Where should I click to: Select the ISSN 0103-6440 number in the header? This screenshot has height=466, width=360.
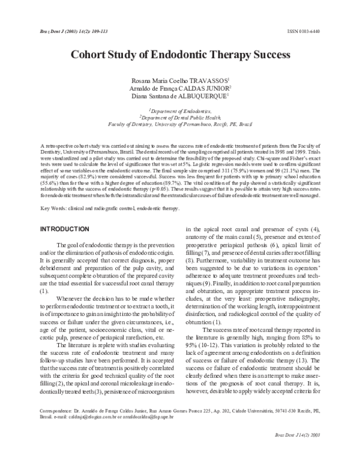pos(313,29)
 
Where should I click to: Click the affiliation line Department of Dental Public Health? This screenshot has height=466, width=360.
pos(181,118)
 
